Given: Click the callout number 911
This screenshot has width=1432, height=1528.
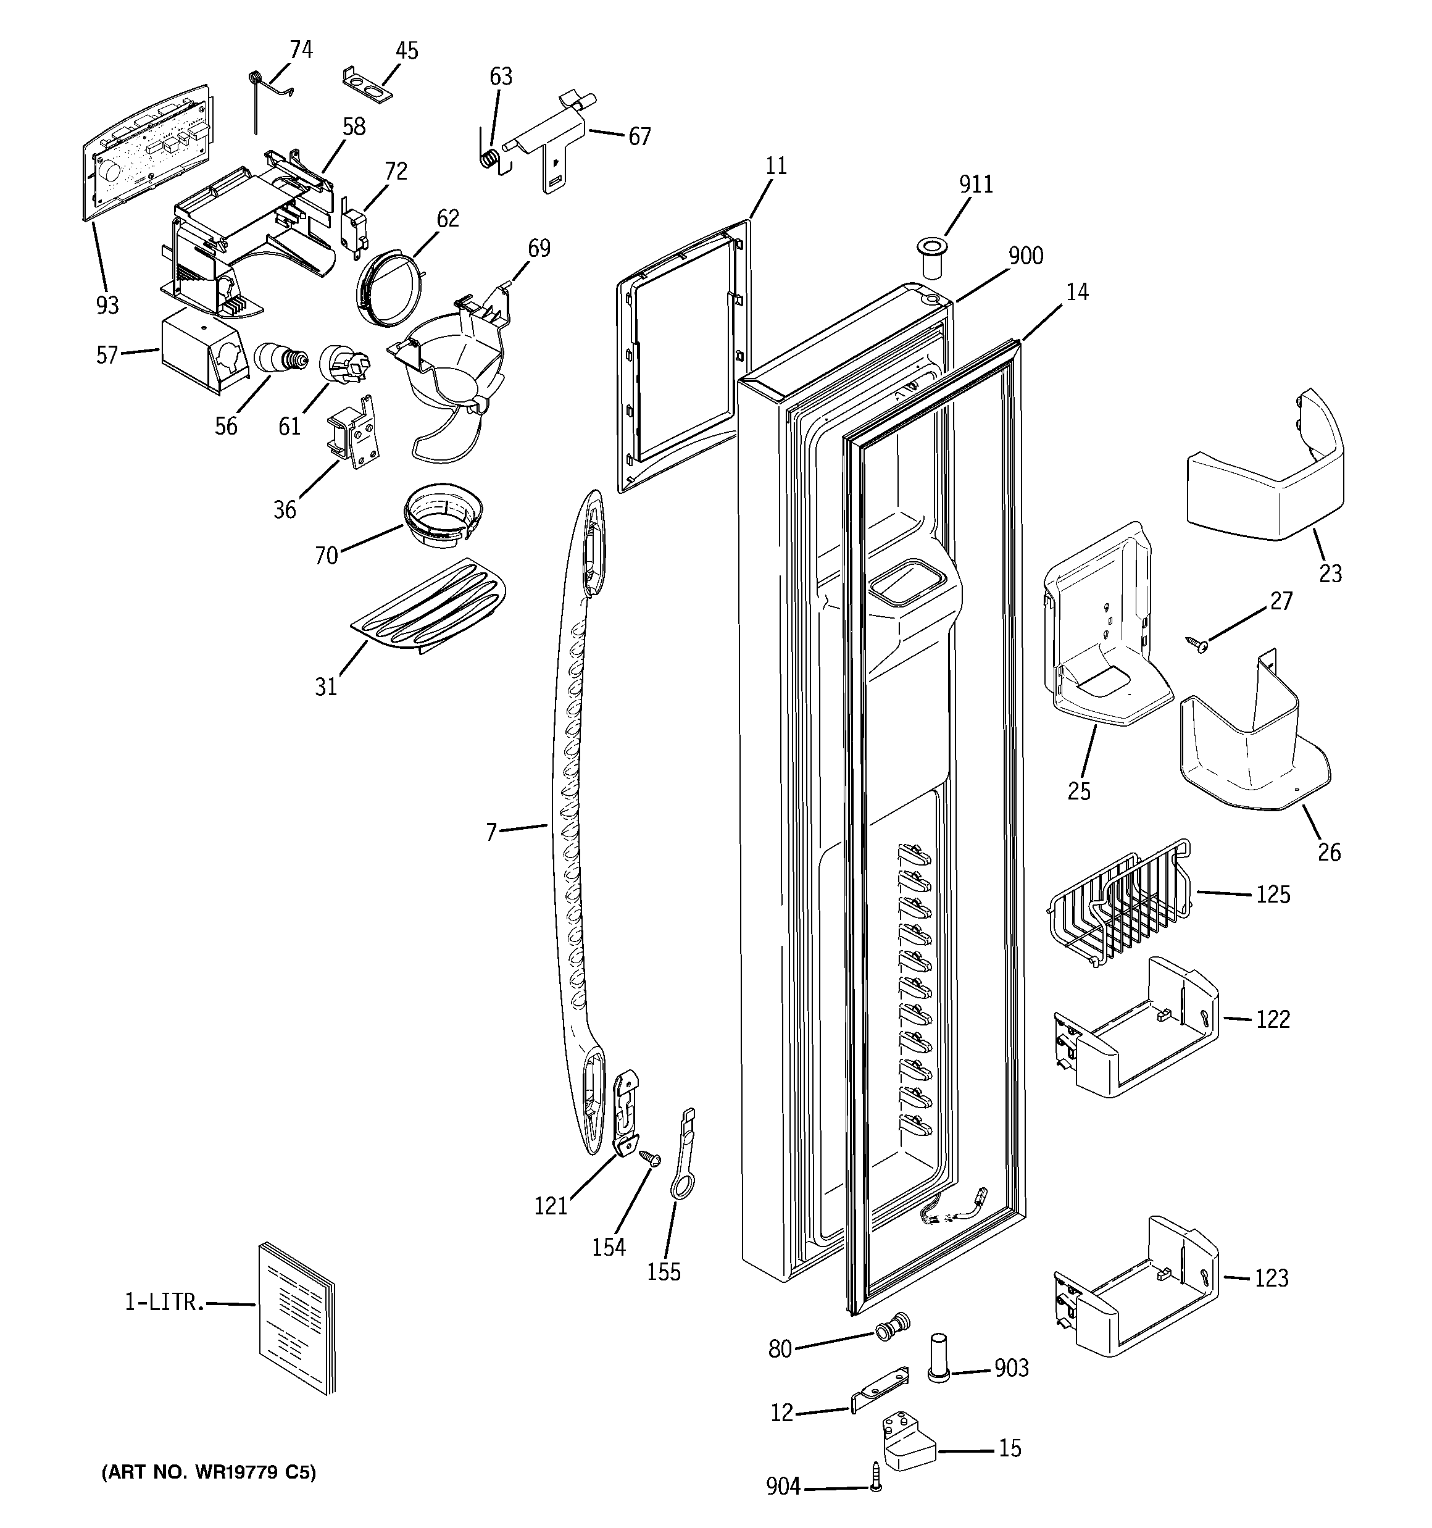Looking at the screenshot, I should (975, 185).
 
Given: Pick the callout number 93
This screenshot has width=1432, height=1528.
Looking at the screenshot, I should (107, 305).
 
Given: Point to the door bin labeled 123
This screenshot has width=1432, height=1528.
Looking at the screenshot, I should (1134, 1295).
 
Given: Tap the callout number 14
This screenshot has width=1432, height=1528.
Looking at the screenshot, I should (1077, 292).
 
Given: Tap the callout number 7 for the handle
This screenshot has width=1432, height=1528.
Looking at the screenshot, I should (491, 831).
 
